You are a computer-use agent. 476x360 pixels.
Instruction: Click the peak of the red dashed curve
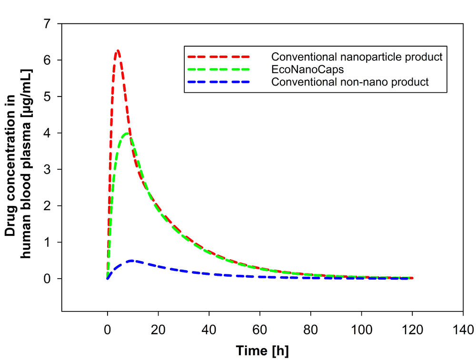click(117, 50)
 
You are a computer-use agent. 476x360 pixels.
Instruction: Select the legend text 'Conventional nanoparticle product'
click(357, 57)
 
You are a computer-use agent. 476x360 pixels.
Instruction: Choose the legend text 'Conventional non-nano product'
click(350, 82)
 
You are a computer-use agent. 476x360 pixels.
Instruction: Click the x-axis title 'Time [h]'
click(262, 351)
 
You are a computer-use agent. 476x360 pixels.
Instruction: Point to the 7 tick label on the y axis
click(46, 24)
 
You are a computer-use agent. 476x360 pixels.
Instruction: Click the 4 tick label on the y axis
click(46, 133)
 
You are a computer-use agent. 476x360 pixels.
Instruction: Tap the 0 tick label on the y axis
click(46, 279)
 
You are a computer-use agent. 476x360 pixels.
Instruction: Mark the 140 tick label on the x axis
click(463, 329)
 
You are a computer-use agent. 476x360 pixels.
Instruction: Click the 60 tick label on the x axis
click(260, 329)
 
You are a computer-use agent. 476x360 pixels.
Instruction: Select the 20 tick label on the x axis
click(159, 329)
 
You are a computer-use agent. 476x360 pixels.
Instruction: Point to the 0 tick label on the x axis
click(108, 329)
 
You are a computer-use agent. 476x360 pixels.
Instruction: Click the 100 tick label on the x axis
click(362, 329)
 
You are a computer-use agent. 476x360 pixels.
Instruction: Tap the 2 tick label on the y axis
click(46, 206)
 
